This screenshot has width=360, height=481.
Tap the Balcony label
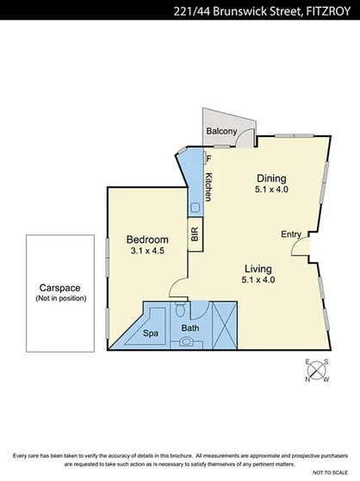point(221,131)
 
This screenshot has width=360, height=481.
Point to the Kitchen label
point(208,187)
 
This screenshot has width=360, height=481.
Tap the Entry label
point(291,234)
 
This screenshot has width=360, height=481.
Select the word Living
point(258,268)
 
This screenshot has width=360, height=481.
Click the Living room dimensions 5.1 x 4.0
point(258,279)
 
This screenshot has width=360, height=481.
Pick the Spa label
point(151,333)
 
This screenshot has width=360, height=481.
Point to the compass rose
point(318,372)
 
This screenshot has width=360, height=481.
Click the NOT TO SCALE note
point(330,473)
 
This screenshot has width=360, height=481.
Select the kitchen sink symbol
point(196,207)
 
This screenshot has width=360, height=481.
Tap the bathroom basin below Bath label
point(187,342)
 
